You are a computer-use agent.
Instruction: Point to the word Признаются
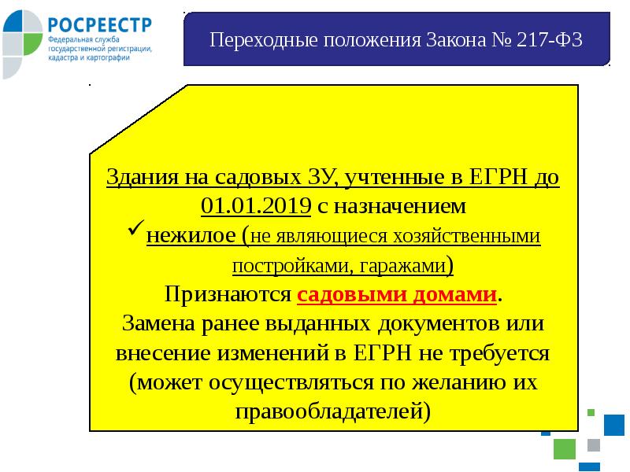(x=228, y=295)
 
